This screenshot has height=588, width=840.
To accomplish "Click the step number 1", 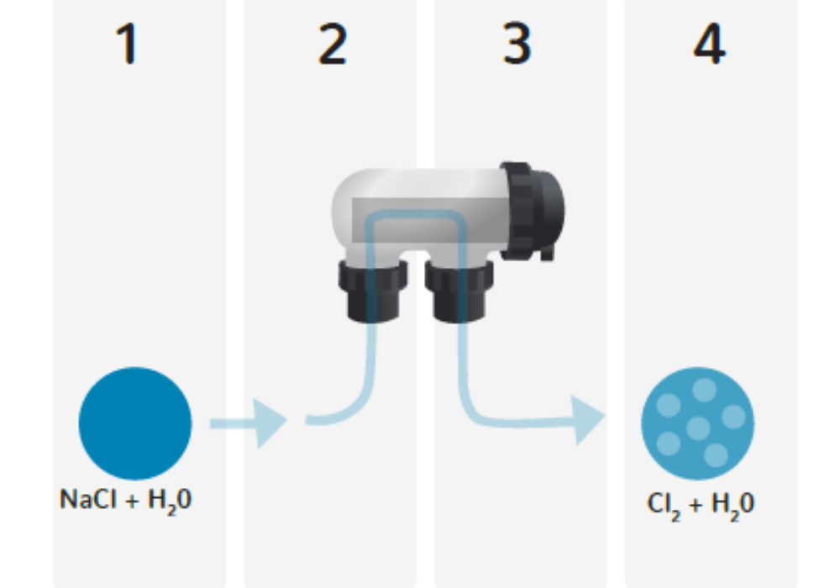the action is pyautogui.click(x=128, y=44).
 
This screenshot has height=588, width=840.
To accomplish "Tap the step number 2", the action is pyautogui.click(x=332, y=45).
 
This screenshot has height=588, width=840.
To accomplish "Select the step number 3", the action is pyautogui.click(x=517, y=44).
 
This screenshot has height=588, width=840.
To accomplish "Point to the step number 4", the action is pyautogui.click(x=709, y=44).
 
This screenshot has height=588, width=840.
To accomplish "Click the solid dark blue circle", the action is pyautogui.click(x=135, y=423).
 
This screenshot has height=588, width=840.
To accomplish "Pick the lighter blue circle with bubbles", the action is pyautogui.click(x=697, y=423).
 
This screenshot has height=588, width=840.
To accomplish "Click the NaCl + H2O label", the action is pyautogui.click(x=125, y=501).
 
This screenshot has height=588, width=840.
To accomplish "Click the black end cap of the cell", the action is pyautogui.click(x=532, y=211).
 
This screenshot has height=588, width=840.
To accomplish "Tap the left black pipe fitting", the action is pyautogui.click(x=373, y=291).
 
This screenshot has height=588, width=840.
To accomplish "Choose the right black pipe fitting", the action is pyautogui.click(x=459, y=291).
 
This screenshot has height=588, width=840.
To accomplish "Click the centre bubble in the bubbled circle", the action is pyautogui.click(x=698, y=428).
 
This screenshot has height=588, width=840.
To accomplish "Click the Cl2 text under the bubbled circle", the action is pyautogui.click(x=664, y=505).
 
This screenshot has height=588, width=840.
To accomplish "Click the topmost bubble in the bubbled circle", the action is pyautogui.click(x=704, y=390).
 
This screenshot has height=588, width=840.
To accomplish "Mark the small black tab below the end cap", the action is pyautogui.click(x=547, y=253).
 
